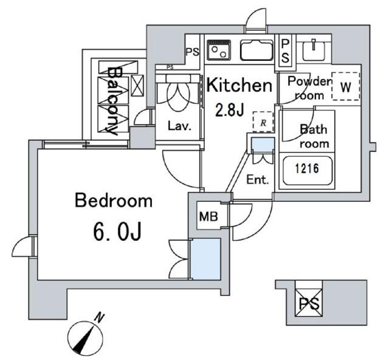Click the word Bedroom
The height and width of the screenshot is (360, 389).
114,201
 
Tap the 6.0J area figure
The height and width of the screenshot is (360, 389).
117,232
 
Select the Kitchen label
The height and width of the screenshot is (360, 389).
239,85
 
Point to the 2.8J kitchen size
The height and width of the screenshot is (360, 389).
230,110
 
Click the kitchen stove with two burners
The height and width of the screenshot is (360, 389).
219,50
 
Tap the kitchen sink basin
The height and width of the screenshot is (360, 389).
256,50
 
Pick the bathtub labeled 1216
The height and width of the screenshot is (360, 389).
307,170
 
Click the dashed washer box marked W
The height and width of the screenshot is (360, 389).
346,86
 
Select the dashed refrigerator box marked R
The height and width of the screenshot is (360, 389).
263,122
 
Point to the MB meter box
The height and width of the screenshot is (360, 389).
208,216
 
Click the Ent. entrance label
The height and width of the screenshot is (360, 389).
258,180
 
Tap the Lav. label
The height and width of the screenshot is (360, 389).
180,126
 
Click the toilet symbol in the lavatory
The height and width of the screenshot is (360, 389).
178,92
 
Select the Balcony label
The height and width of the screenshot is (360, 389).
114,101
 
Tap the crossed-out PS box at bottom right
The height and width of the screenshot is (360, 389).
308,302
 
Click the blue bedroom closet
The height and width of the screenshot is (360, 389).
205,259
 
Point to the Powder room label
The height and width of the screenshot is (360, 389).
309,88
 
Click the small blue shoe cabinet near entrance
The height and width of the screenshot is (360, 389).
263,145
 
